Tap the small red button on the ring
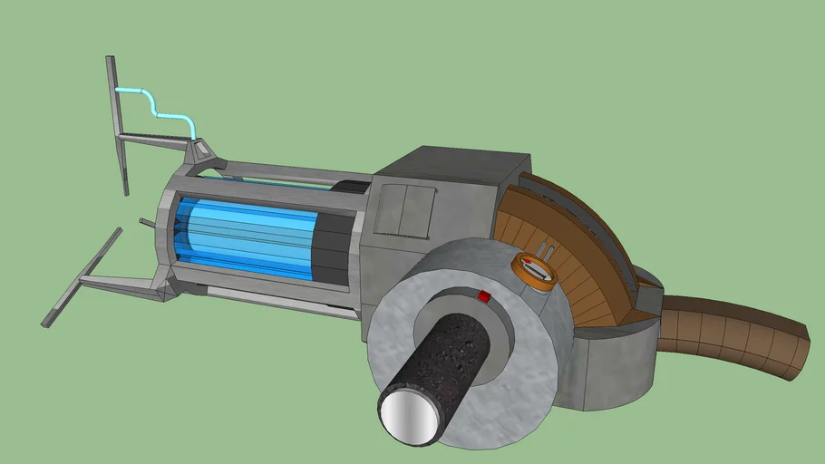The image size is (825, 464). pos(483,296)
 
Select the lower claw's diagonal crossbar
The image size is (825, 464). pos(82,276)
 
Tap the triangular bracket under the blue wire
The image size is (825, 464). pos(200,151)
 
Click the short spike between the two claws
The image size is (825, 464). pos(147,221)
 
